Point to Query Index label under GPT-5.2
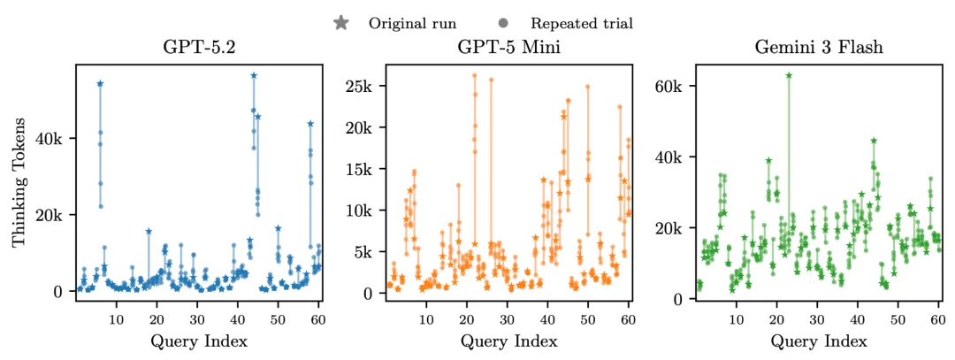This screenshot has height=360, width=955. coord(197,341)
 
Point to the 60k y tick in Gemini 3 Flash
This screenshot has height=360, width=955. coord(669,86)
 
